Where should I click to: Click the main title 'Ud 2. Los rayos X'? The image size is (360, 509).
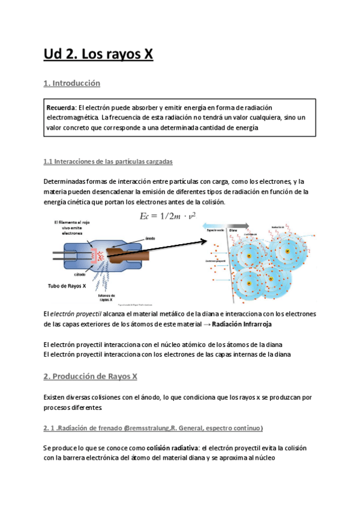click(98, 55)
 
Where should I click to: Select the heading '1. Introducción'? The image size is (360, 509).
click(72, 83)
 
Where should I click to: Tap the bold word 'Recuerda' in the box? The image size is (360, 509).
click(61, 107)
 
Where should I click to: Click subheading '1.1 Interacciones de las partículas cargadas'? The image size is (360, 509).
click(109, 162)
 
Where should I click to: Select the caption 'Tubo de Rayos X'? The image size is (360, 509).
click(67, 286)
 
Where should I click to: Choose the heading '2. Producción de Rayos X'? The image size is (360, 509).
click(91, 376)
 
